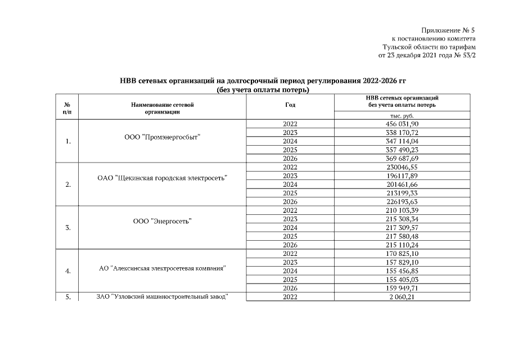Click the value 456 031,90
[402, 124]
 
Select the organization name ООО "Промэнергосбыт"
[162, 137]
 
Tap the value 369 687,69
[402, 159]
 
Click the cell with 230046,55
[402, 167]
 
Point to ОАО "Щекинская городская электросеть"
[162, 178]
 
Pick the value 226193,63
[402, 201]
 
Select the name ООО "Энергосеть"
[162, 222]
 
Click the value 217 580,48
[402, 236]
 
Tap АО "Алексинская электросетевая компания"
[162, 268]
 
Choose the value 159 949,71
[402, 288]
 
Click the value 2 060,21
[402, 297]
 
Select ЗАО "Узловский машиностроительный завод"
[162, 296]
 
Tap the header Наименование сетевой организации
[162, 108]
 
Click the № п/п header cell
[67, 108]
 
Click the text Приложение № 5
[448, 30]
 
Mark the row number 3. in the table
[67, 228]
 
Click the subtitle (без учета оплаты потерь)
[264, 90]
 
